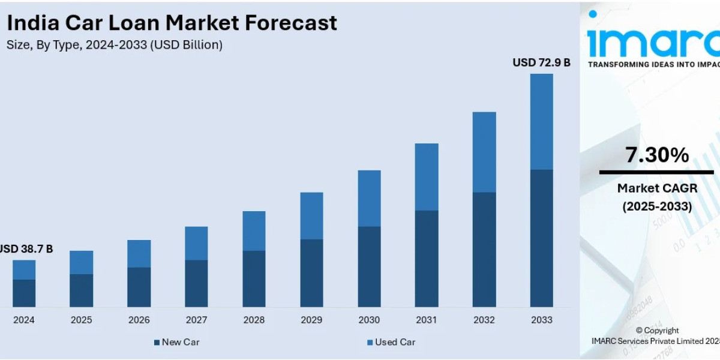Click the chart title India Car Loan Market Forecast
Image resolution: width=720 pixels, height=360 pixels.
pos(172,23)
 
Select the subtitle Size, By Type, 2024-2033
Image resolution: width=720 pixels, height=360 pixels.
pos(115,45)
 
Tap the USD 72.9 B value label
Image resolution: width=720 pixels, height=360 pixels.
pos(541,62)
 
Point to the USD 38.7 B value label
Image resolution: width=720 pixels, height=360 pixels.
pos(25,248)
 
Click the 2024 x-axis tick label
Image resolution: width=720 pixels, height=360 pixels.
pos(24,320)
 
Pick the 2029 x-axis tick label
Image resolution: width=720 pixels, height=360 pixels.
pos(311,320)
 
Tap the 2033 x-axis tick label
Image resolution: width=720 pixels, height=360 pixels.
pos(541,320)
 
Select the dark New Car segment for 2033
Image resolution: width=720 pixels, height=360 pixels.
pos(541,238)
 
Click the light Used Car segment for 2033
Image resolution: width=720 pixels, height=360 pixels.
pos(541,122)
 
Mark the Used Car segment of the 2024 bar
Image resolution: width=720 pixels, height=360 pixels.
pos(24,269)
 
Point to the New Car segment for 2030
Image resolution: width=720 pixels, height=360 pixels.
pos(369,266)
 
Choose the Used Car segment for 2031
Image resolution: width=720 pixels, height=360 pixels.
pos(427,177)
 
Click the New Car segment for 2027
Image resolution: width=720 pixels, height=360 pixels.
pos(196,283)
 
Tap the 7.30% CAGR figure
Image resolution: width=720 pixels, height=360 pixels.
pos(657,155)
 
